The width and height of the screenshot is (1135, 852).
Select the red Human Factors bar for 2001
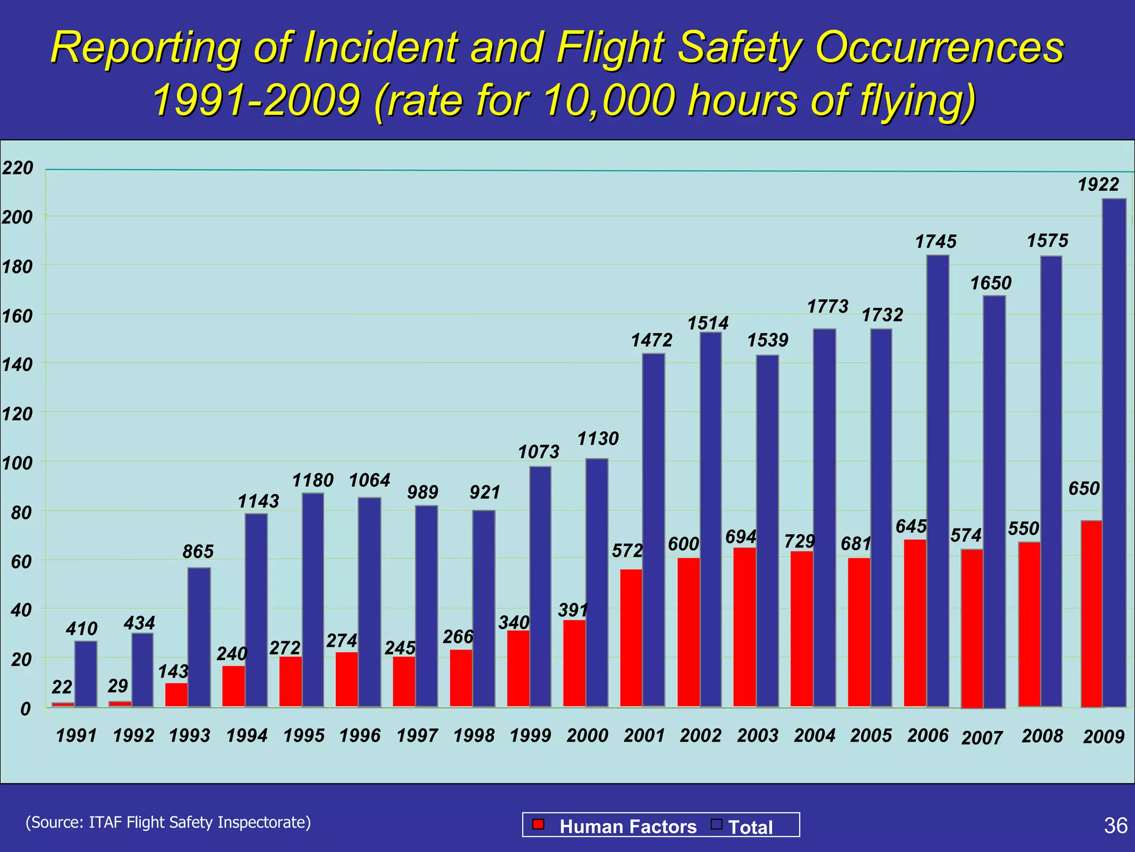click(x=631, y=638)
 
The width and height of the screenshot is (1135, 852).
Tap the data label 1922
click(x=1098, y=184)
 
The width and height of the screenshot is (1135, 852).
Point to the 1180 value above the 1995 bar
click(x=313, y=480)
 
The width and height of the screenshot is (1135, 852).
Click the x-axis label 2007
click(x=982, y=738)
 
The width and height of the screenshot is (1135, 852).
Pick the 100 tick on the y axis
click(x=17, y=463)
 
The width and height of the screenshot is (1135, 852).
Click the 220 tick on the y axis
click(x=17, y=168)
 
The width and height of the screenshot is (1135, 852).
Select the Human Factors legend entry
click(x=627, y=826)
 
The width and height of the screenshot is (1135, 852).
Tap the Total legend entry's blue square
click(x=717, y=824)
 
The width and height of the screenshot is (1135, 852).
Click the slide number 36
click(x=1115, y=825)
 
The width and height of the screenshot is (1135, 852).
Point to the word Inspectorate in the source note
click(x=264, y=822)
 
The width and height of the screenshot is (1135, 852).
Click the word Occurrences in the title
click(x=940, y=48)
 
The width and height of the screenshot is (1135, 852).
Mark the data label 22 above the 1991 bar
click(x=62, y=687)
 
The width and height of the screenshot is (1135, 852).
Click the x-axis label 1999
click(x=530, y=736)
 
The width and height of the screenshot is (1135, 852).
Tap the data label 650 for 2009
click(x=1083, y=488)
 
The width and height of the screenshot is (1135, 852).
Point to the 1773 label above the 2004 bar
click(x=827, y=306)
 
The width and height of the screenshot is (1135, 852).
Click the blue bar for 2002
click(x=710, y=519)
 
